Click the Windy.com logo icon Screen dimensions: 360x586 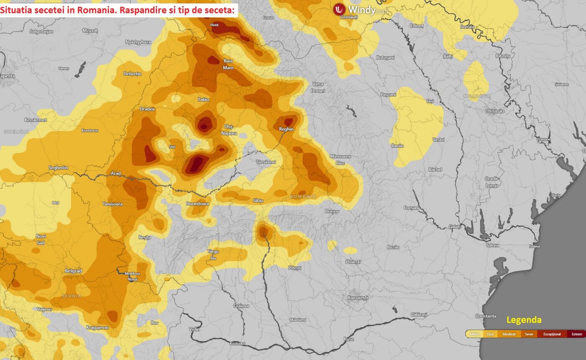(x=339, y=9)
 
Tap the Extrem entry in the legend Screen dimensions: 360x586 (x=576, y=334)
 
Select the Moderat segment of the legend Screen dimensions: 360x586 (x=509, y=334)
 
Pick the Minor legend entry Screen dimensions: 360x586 (x=474, y=334)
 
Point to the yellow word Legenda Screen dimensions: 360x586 (x=524, y=320)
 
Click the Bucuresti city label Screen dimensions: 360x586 (x=357, y=298)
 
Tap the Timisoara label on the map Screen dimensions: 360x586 (x=113, y=204)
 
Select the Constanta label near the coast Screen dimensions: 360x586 (x=486, y=316)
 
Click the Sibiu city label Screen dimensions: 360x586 (x=258, y=201)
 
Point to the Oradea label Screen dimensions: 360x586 (x=147, y=109)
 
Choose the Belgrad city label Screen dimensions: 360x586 (x=73, y=271)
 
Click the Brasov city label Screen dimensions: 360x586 (x=332, y=211)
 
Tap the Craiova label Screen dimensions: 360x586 (x=241, y=306)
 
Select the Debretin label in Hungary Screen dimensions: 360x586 (x=133, y=74)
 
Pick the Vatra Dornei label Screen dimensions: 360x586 (x=318, y=87)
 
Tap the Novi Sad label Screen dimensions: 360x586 (x=41, y=239)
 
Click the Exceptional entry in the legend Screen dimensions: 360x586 (x=552, y=334)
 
